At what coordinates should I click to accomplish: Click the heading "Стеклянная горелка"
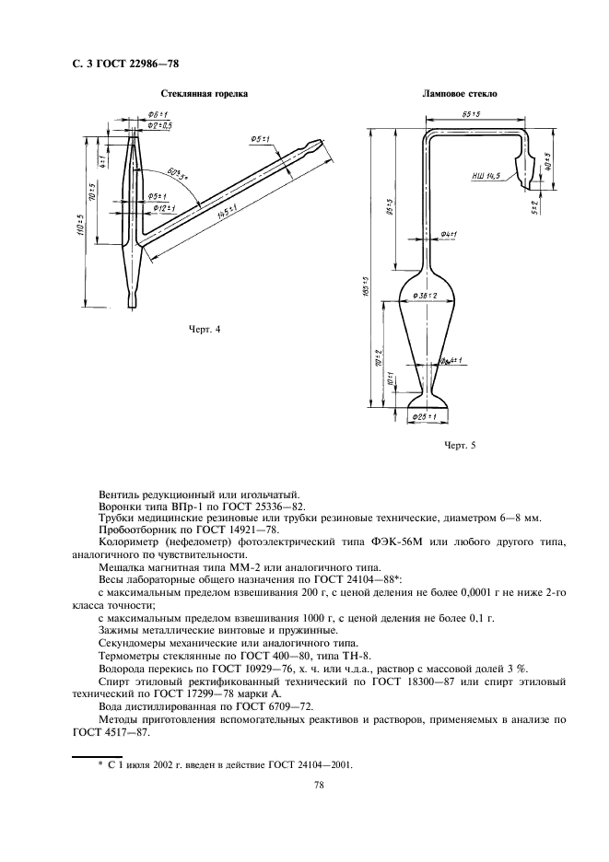pyautogui.click(x=205, y=94)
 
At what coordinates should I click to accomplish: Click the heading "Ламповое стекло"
pyautogui.click(x=460, y=94)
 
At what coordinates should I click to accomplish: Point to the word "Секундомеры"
pyautogui.click(x=132, y=642)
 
